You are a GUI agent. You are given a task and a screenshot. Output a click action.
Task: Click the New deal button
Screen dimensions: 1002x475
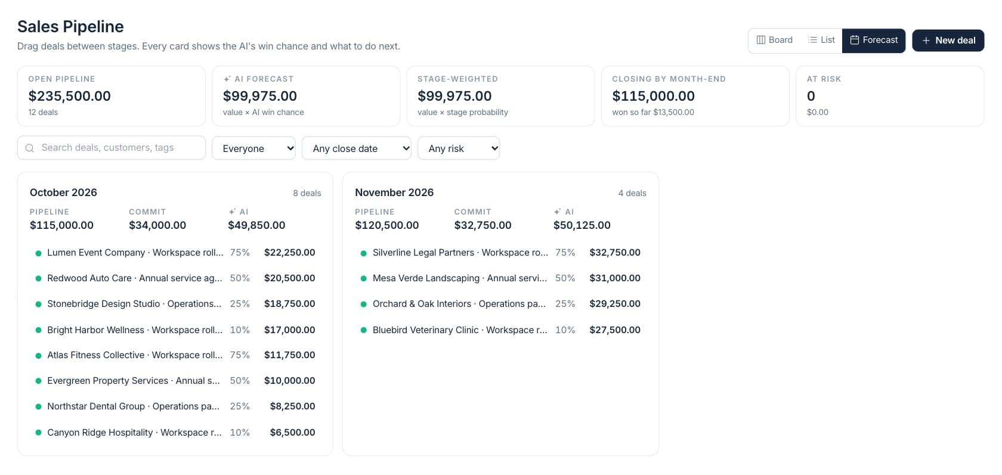948,40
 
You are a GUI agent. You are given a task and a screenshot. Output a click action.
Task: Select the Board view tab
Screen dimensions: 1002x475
774,40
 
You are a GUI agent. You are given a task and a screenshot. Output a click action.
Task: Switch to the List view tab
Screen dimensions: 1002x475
821,40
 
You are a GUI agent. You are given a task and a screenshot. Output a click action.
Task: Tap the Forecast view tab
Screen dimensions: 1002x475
874,40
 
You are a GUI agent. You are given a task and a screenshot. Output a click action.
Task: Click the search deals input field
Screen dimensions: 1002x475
112,148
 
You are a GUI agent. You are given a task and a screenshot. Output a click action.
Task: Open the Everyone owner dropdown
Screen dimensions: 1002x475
253,148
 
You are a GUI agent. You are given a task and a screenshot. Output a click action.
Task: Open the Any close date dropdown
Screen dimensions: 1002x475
357,148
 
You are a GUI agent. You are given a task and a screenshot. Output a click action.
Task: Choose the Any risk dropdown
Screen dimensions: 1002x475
459,148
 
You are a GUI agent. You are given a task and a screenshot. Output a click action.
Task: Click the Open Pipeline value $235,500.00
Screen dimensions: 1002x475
69,95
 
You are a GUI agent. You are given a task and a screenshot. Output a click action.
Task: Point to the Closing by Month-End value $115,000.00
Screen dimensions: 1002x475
653,95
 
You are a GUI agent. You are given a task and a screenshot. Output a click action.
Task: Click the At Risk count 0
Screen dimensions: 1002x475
811,95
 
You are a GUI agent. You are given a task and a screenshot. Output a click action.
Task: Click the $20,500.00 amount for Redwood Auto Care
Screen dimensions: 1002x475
289,278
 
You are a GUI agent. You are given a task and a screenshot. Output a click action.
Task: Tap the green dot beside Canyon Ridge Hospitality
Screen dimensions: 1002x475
38,433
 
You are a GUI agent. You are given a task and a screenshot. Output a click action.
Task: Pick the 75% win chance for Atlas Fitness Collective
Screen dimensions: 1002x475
240,355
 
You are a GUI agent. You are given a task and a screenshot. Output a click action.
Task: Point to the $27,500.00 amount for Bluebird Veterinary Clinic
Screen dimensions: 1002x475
614,330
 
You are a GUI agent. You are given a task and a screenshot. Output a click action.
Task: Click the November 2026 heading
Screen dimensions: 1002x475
394,192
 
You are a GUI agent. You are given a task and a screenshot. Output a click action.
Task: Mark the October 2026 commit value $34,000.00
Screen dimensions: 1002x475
157,225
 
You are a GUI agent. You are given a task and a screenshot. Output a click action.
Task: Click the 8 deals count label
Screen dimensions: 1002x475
307,193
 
